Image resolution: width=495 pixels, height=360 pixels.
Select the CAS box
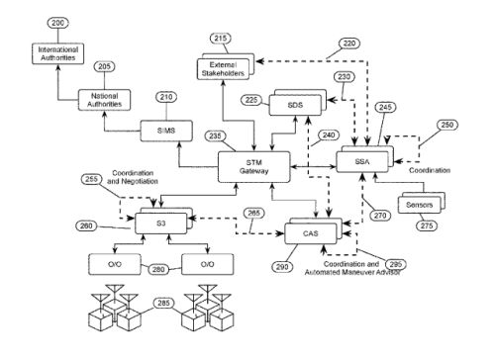(308, 234)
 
